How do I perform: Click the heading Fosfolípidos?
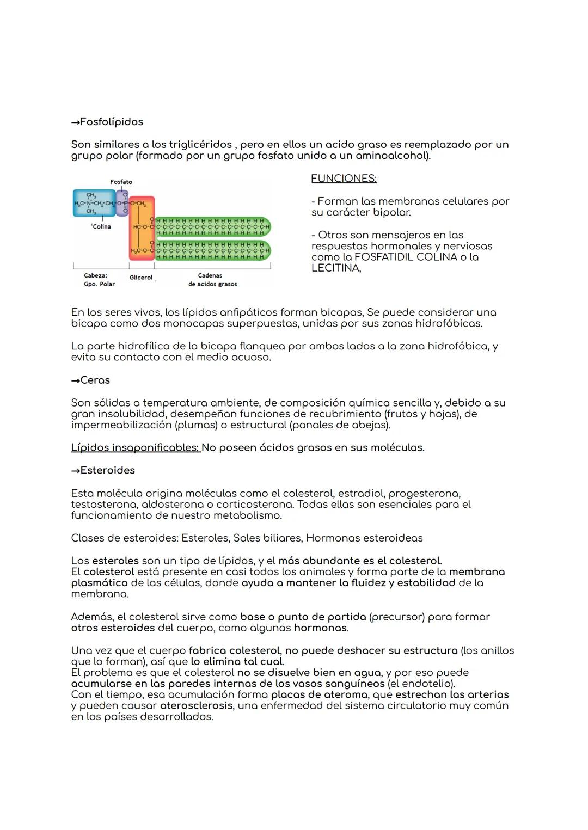[107, 122]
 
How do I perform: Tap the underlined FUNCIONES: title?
[344, 179]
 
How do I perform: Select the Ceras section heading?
[90, 380]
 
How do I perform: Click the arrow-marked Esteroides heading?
[103, 470]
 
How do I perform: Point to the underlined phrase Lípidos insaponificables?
[135, 448]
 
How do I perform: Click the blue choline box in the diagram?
[94, 204]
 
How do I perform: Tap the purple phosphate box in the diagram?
[123, 203]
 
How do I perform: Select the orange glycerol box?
[142, 229]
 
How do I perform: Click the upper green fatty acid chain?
[212, 226]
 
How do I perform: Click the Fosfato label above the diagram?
[121, 182]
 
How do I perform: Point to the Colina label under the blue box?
[101, 226]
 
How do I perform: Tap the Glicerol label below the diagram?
[141, 278]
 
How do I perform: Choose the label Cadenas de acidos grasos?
[212, 280]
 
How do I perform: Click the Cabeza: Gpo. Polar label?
[99, 280]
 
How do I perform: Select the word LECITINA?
[335, 268]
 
